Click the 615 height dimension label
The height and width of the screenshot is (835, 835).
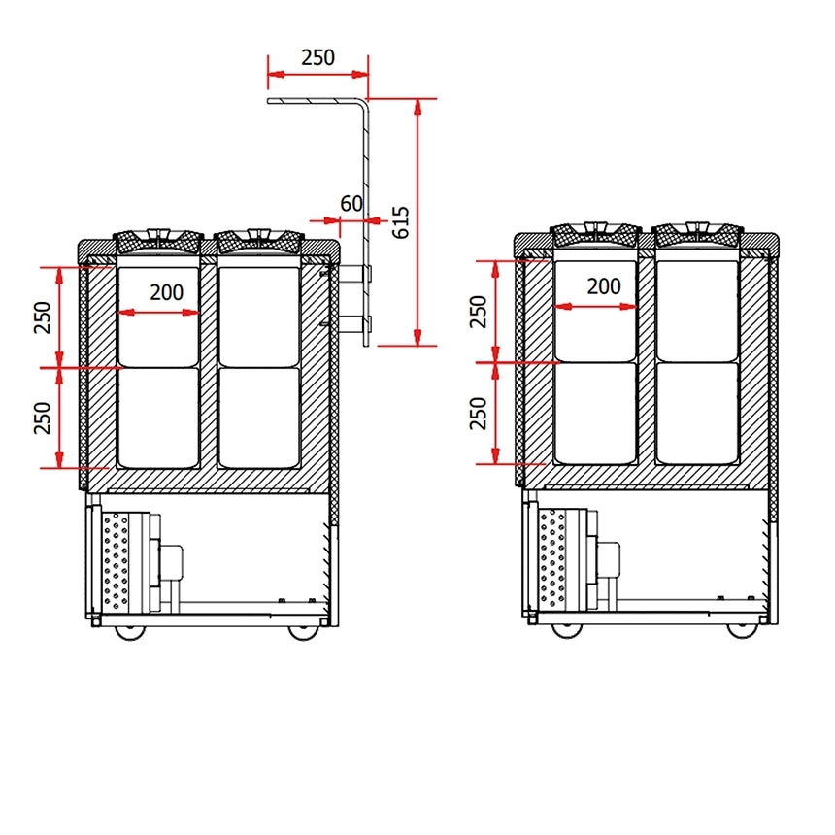(401, 222)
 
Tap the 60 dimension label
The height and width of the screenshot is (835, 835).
(351, 204)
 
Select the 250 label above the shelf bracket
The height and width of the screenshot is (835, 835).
(317, 57)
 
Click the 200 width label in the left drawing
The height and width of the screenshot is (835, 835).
(167, 292)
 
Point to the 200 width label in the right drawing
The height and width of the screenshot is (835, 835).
(604, 286)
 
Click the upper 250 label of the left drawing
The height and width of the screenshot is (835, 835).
(43, 317)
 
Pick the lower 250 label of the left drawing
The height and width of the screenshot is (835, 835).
(43, 418)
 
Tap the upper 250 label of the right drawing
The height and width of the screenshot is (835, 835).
(479, 312)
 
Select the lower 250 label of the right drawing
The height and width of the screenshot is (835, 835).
(479, 414)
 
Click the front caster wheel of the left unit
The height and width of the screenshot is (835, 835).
(130, 632)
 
